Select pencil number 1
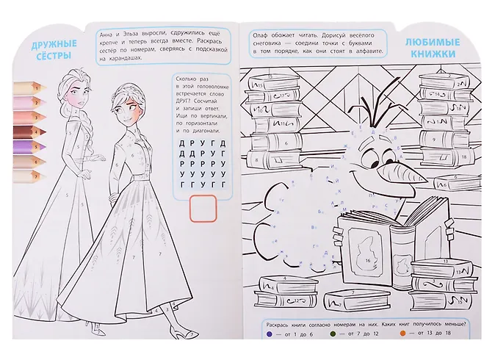click(26, 85)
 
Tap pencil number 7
click(26, 176)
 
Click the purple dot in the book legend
click(270, 334)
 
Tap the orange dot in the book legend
click(402, 334)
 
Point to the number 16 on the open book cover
click(366, 260)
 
